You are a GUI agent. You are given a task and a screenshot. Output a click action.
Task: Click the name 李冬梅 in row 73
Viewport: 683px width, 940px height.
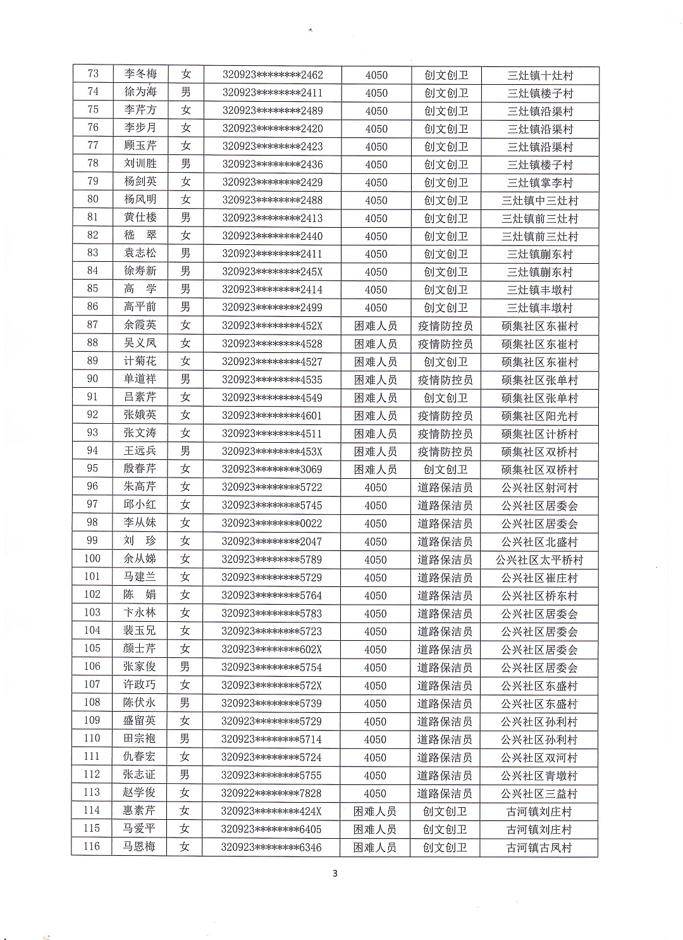[140, 74]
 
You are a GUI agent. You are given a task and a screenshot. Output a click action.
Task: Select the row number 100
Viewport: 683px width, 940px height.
[92, 559]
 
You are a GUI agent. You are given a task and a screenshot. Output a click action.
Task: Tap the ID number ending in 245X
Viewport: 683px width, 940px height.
[273, 271]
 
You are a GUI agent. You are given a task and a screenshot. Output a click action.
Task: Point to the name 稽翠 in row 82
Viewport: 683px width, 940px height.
[140, 235]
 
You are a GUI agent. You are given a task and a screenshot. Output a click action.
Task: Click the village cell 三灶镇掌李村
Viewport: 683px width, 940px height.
[539, 183]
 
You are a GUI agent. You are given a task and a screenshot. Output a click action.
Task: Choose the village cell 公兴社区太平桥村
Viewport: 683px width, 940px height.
[539, 560]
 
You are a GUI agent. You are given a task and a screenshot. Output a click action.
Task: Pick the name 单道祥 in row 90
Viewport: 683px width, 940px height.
[140, 379]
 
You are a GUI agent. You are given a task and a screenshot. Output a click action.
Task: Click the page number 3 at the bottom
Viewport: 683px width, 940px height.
[335, 874]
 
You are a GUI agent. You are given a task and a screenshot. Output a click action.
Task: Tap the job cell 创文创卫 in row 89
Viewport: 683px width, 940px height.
[446, 362]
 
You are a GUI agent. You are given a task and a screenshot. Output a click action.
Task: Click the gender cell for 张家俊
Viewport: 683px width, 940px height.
[185, 667]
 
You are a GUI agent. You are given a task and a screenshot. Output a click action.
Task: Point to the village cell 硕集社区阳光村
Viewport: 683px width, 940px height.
[539, 416]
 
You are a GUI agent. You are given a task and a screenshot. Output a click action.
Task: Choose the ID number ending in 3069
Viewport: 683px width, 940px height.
[273, 469]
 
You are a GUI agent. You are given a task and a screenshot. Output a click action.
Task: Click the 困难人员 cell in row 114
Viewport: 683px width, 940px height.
[375, 811]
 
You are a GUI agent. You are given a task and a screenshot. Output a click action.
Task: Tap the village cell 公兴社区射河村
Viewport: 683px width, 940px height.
[539, 488]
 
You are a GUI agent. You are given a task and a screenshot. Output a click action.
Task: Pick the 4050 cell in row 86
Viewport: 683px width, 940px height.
[376, 307]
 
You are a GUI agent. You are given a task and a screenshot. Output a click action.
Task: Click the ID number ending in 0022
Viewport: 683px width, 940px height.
[273, 523]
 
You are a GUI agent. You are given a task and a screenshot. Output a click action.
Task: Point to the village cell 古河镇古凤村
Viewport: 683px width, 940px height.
[539, 847]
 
